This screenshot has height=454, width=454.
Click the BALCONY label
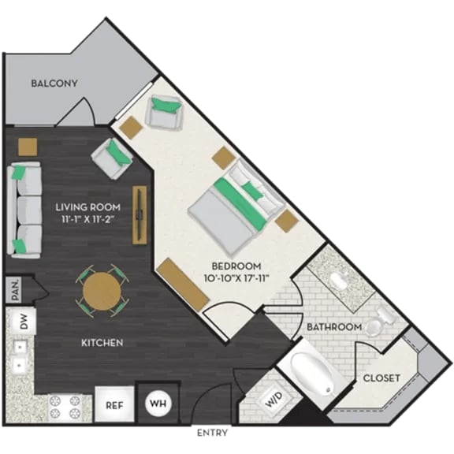54,84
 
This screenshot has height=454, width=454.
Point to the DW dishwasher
24,322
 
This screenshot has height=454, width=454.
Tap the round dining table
102,292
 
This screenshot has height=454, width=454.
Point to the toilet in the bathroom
380,317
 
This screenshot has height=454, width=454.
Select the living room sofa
26,208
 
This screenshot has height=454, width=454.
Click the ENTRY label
212,433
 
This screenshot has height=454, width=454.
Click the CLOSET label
381,378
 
